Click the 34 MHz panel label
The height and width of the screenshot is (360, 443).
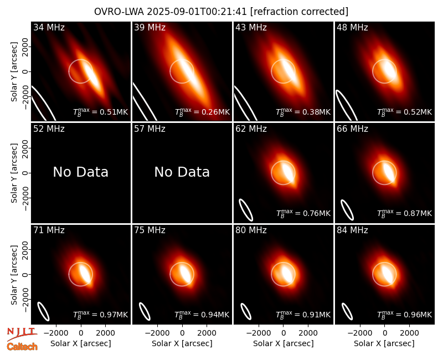pos(49,27)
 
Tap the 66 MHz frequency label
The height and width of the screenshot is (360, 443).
pos(352,129)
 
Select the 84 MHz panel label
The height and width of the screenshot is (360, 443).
pos(352,230)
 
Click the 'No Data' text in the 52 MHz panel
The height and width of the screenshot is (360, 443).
pos(80,172)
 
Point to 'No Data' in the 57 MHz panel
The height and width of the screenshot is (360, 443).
pos(182,172)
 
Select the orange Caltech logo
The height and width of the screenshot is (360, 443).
pos(22,347)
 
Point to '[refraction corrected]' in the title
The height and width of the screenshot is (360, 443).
pos(299,12)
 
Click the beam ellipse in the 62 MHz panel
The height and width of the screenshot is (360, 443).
pos(246,210)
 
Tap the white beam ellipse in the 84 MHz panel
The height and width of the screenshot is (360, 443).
pos(347,311)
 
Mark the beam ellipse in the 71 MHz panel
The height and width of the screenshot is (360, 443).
pos(44,311)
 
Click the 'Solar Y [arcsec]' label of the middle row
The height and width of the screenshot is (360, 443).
pos(14,173)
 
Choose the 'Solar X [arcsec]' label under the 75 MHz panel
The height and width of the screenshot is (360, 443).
pos(182,343)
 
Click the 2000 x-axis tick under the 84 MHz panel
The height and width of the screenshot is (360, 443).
pos(409,333)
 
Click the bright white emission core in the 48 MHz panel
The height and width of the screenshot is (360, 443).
pos(388,69)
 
